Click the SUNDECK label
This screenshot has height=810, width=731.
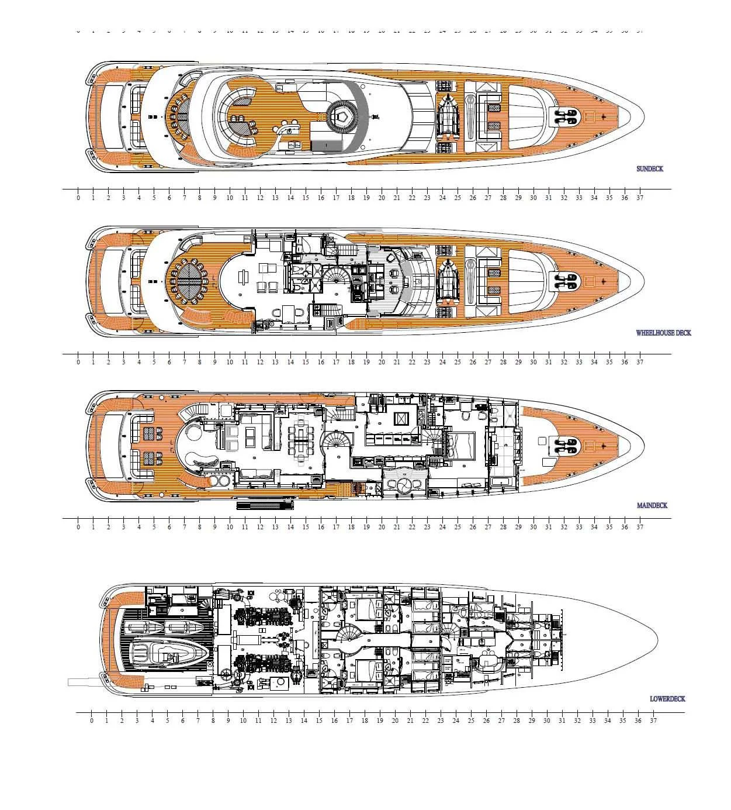pyautogui.click(x=649, y=169)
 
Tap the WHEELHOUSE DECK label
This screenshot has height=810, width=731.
pyautogui.click(x=663, y=333)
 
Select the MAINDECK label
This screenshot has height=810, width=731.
pyautogui.click(x=652, y=505)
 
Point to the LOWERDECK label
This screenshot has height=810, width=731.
pyautogui.click(x=667, y=699)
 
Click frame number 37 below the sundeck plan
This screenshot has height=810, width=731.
pyautogui.click(x=640, y=198)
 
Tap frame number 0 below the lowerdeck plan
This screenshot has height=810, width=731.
pyautogui.click(x=92, y=721)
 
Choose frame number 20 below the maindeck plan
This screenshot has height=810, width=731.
pyautogui.click(x=382, y=527)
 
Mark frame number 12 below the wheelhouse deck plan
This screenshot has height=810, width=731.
pyautogui.click(x=260, y=362)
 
